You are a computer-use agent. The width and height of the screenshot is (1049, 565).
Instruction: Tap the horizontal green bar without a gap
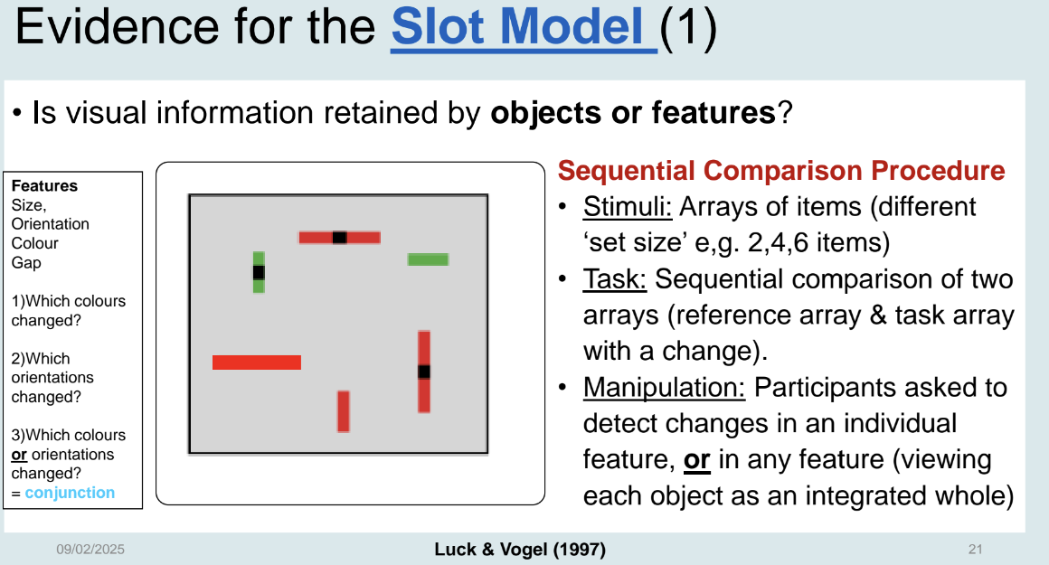(428, 259)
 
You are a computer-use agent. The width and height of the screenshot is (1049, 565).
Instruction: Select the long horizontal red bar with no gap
(257, 363)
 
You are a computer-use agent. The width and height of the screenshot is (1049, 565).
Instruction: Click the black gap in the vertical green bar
(259, 272)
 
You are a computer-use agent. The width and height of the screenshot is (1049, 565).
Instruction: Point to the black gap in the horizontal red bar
(340, 238)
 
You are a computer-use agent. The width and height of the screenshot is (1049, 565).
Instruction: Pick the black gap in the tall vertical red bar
(424, 372)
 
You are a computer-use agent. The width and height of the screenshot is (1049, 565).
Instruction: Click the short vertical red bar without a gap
(344, 411)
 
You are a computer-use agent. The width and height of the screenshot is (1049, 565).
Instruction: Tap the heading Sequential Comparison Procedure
(781, 171)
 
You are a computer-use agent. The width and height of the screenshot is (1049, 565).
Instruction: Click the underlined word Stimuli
(627, 207)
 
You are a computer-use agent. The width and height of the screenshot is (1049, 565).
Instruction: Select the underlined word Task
(614, 279)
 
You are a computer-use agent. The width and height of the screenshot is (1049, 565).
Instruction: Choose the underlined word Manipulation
(664, 388)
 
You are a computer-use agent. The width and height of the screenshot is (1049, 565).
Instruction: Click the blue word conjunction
(70, 494)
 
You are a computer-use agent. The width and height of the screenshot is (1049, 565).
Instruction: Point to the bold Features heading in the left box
(44, 186)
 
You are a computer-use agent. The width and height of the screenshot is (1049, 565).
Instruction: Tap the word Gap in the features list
(26, 263)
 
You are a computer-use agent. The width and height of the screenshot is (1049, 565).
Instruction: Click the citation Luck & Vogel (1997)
(520, 550)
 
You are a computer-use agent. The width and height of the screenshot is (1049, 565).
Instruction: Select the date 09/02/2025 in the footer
(90, 550)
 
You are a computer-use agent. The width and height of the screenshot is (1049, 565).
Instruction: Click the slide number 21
(976, 550)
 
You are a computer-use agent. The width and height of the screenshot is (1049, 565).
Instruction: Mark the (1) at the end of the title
(688, 28)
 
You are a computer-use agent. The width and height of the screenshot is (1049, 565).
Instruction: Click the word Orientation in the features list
(50, 224)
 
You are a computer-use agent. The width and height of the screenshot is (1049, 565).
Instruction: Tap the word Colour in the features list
(34, 243)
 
